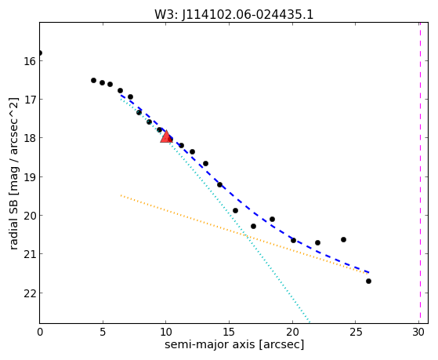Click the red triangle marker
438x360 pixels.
pyautogui.click(x=166, y=136)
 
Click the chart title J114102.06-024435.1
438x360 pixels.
pyautogui.click(x=248, y=14)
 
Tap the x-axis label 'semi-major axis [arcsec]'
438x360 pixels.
pyautogui.click(x=234, y=344)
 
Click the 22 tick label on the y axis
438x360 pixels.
pyautogui.click(x=30, y=293)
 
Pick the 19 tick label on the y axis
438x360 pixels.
pyautogui.click(x=30, y=176)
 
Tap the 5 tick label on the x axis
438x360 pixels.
pyautogui.click(x=103, y=332)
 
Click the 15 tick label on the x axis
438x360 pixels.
pyautogui.click(x=229, y=332)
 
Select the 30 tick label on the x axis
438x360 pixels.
pyautogui.click(x=418, y=332)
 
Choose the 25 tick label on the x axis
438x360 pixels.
pyautogui.click(x=355, y=332)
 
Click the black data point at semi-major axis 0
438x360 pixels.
pyautogui.click(x=40, y=53)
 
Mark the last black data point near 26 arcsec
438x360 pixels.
pyautogui.click(x=368, y=281)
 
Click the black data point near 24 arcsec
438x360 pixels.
pyautogui.click(x=343, y=239)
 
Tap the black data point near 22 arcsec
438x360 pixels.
pyautogui.click(x=317, y=242)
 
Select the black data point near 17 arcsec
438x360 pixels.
pyautogui.click(x=253, y=226)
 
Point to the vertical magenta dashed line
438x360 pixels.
pyautogui.click(x=420, y=173)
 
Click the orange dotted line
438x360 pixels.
pyautogui.click(x=244, y=235)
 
